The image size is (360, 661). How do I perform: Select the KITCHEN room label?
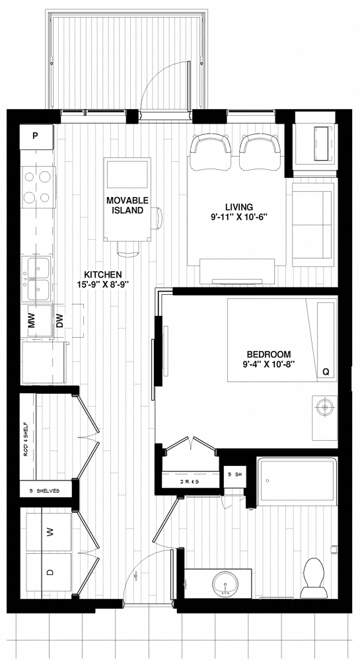pyautogui.click(x=102, y=274)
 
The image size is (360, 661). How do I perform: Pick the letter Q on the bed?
pyautogui.click(x=325, y=372)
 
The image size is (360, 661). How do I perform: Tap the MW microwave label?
pyautogui.click(x=32, y=321)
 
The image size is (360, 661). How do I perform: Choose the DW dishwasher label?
pyautogui.click(x=59, y=321)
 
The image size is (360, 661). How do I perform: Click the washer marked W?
pyautogui.click(x=49, y=531)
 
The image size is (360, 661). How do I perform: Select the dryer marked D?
pyautogui.click(x=49, y=572)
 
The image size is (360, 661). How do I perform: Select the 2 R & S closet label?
pyautogui.click(x=190, y=482)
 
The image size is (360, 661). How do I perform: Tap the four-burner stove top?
pyautogui.click(x=38, y=186)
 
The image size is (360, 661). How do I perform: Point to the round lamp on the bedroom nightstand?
pyautogui.click(x=324, y=408)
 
